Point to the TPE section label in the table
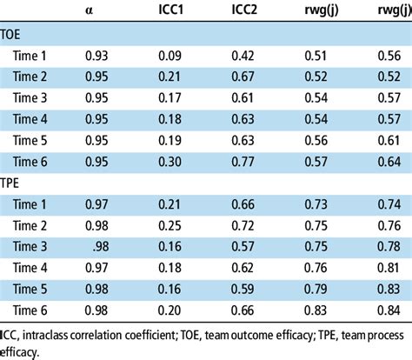[16, 184]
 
